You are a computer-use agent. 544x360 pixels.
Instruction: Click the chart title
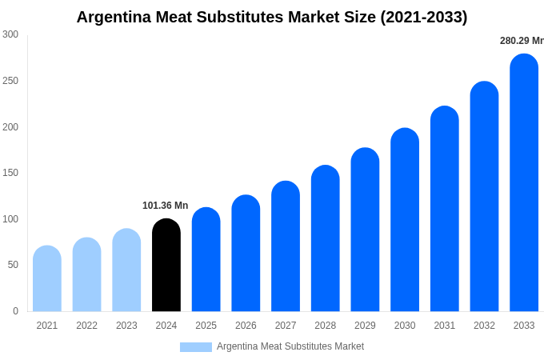tap(272, 17)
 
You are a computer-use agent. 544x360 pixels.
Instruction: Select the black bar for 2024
tap(166, 266)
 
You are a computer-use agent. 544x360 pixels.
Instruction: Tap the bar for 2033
tap(524, 183)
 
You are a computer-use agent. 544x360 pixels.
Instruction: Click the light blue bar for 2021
tap(47, 279)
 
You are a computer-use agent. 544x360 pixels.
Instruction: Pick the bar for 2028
tap(326, 239)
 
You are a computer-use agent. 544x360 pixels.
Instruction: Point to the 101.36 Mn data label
tap(165, 206)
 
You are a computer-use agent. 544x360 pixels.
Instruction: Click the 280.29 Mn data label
tap(521, 41)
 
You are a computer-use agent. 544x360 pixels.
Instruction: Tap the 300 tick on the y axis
tap(10, 34)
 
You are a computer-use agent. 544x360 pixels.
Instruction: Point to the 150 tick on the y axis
tap(10, 173)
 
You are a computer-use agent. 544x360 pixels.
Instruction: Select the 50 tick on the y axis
tap(13, 265)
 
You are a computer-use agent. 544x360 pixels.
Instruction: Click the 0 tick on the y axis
tap(15, 311)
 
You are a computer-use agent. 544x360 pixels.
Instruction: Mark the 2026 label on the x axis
tap(246, 326)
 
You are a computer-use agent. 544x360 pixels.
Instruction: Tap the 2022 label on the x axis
tap(86, 326)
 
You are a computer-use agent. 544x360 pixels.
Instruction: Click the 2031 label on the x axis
tap(445, 326)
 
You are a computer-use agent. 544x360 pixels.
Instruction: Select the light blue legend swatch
tap(196, 347)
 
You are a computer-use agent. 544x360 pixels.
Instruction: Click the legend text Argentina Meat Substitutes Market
tap(290, 346)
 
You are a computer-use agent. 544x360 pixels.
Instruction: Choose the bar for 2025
tap(206, 260)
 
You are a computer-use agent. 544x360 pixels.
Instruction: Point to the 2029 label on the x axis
tap(365, 326)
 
